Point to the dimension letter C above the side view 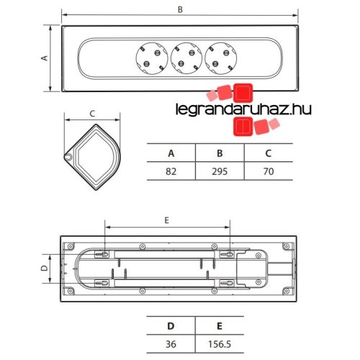tap(92, 113)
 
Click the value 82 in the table tap(171, 171)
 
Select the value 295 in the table tap(220, 171)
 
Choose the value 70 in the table tap(268, 171)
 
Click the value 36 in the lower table tap(171, 343)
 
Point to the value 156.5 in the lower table tap(220, 343)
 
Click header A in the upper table tap(171, 153)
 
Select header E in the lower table tap(220, 325)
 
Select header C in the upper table tap(268, 153)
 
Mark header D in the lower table tap(171, 325)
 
